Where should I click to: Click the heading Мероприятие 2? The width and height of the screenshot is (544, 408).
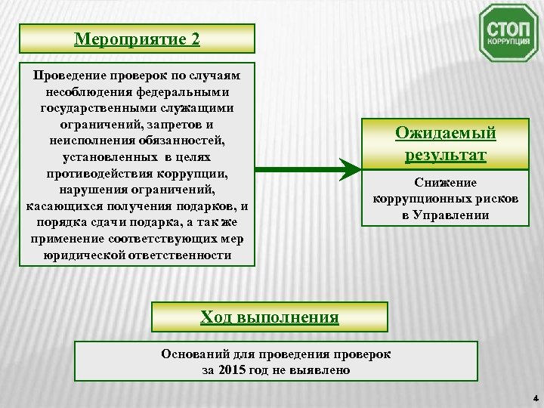point(137,38)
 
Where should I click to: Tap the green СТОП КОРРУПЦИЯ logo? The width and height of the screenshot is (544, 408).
point(508,32)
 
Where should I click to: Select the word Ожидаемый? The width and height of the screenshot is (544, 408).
point(446,133)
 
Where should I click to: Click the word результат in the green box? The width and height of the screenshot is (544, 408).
point(446,156)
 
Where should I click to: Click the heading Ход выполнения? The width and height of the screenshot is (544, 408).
point(270,317)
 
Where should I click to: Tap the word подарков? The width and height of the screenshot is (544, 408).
point(202,206)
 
